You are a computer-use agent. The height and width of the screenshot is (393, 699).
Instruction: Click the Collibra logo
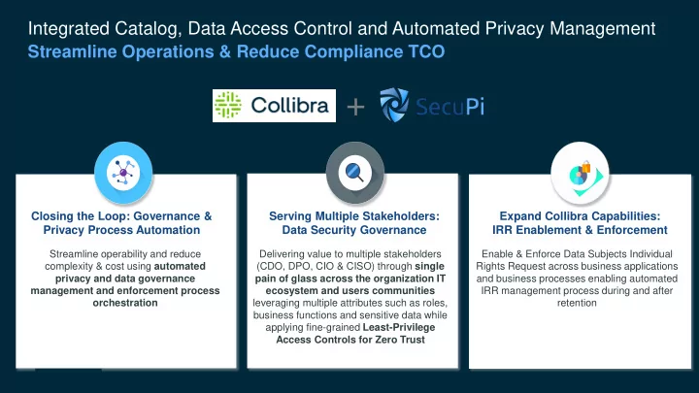[x=274, y=106]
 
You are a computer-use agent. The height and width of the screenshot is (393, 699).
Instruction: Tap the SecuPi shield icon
[x=394, y=105]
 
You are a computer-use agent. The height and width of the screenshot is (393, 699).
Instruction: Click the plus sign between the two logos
[x=355, y=107]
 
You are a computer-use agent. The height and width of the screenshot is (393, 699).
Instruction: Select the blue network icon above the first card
[x=123, y=173]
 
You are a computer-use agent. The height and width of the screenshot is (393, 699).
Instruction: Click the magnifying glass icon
[x=355, y=173]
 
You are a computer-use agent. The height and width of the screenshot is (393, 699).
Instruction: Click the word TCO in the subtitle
[x=426, y=51]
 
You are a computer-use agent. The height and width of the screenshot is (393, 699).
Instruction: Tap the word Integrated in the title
[x=69, y=29]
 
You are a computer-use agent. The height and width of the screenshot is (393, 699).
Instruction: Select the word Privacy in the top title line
[x=515, y=28]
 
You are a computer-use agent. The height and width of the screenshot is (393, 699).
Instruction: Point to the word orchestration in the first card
[x=125, y=303]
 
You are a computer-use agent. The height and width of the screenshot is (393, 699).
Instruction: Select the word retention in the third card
[x=577, y=303]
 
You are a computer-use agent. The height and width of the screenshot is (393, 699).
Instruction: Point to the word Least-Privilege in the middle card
[x=399, y=328]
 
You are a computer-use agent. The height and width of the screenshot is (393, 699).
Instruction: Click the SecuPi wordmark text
[x=450, y=107]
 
